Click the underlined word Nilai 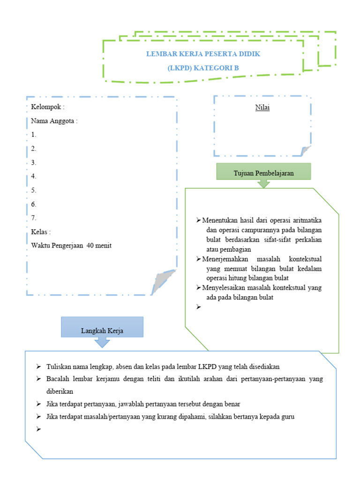[262, 107]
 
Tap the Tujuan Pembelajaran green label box [263, 172]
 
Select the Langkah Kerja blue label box [102, 330]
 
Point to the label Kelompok [46, 107]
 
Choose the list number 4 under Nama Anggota [34, 176]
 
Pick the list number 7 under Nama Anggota [34, 217]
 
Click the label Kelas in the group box [40, 232]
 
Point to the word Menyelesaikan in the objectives [223, 287]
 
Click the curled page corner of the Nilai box [305, 151]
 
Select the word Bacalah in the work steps [57, 378]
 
